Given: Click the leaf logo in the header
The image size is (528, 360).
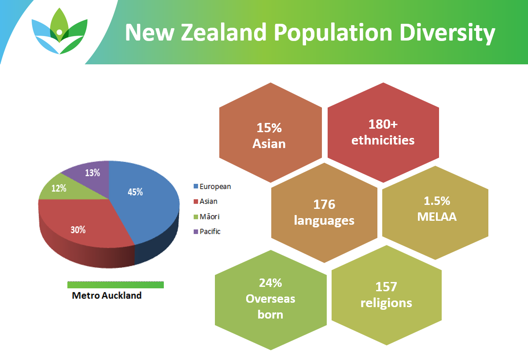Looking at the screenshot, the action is (x=59, y=31).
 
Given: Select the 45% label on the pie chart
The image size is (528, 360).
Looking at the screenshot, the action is (x=135, y=192).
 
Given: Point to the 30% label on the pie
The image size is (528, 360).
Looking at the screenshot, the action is (x=78, y=230).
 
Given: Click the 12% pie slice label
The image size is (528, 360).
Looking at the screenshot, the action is (x=59, y=188).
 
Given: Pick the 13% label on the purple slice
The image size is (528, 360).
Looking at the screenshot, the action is (x=92, y=173).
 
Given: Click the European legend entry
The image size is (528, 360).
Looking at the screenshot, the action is (x=212, y=186).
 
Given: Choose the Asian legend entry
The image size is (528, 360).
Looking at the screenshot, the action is (x=205, y=201).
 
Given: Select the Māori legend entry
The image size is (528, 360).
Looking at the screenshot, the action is (x=207, y=216).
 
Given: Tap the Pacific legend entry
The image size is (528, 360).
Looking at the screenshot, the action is (x=207, y=232).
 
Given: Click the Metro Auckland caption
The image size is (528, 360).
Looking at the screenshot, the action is (x=107, y=296).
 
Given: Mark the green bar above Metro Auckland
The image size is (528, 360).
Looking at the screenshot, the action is (x=115, y=285).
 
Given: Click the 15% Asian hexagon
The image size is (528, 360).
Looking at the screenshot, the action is (x=270, y=133).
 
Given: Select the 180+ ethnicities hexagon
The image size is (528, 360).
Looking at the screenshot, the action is (x=383, y=133).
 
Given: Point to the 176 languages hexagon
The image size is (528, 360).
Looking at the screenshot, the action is (x=324, y=213).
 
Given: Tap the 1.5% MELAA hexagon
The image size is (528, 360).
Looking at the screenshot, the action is (x=436, y=213).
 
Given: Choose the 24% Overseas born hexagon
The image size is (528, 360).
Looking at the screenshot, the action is (x=271, y=300).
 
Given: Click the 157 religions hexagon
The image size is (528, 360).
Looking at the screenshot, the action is (x=387, y=295).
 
